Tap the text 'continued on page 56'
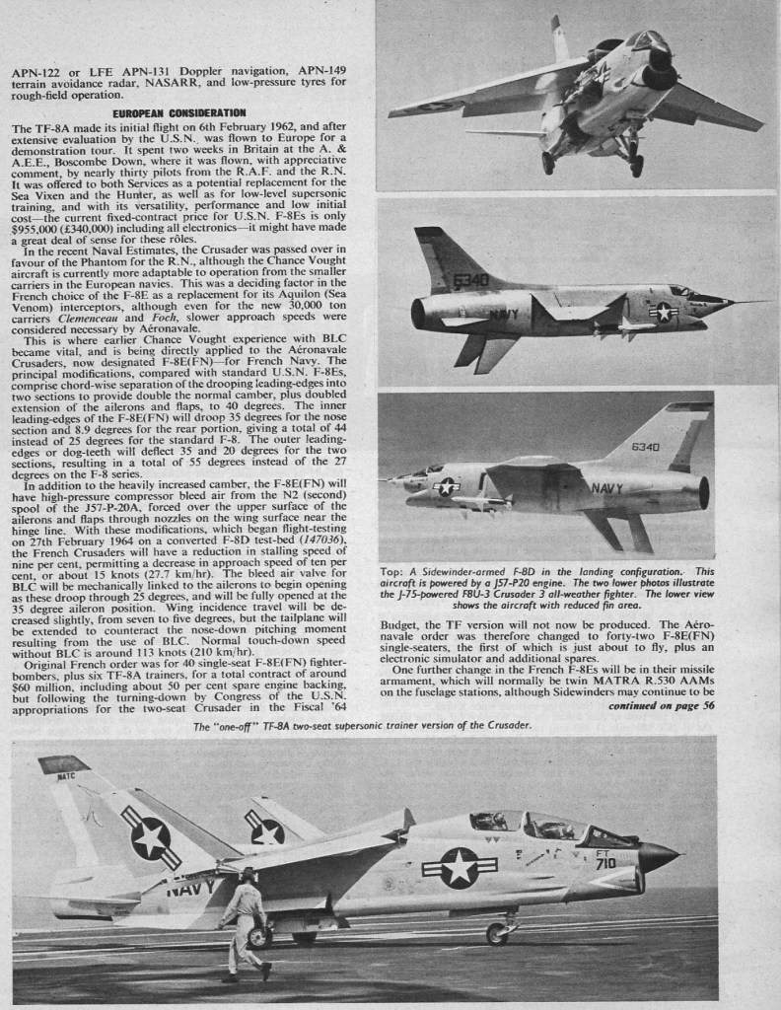(x=660, y=706)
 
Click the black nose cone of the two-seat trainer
(x=658, y=855)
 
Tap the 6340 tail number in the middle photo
(x=472, y=279)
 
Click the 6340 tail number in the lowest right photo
(x=645, y=446)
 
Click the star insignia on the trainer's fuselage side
(x=460, y=867)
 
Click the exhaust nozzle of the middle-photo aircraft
(x=418, y=314)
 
